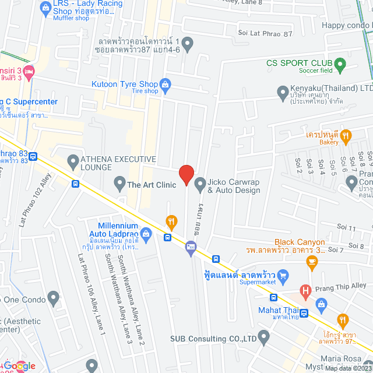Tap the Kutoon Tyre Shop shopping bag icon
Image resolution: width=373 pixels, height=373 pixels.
tap(166, 84)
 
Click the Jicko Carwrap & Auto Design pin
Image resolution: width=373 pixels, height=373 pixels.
tap(200, 185)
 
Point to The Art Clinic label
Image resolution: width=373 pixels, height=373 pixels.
tap(151, 185)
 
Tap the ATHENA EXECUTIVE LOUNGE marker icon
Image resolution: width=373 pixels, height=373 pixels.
tap(73, 160)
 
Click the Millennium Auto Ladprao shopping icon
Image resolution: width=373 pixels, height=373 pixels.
tap(146, 235)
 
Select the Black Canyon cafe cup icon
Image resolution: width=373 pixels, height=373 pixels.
tap(312, 263)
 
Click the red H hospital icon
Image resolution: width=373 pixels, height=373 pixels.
tap(305, 290)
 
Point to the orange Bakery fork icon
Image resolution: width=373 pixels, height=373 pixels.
tap(346, 137)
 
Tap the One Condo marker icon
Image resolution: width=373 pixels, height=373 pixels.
tap(54, 298)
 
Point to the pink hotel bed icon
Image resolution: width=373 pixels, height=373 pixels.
tap(30, 71)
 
